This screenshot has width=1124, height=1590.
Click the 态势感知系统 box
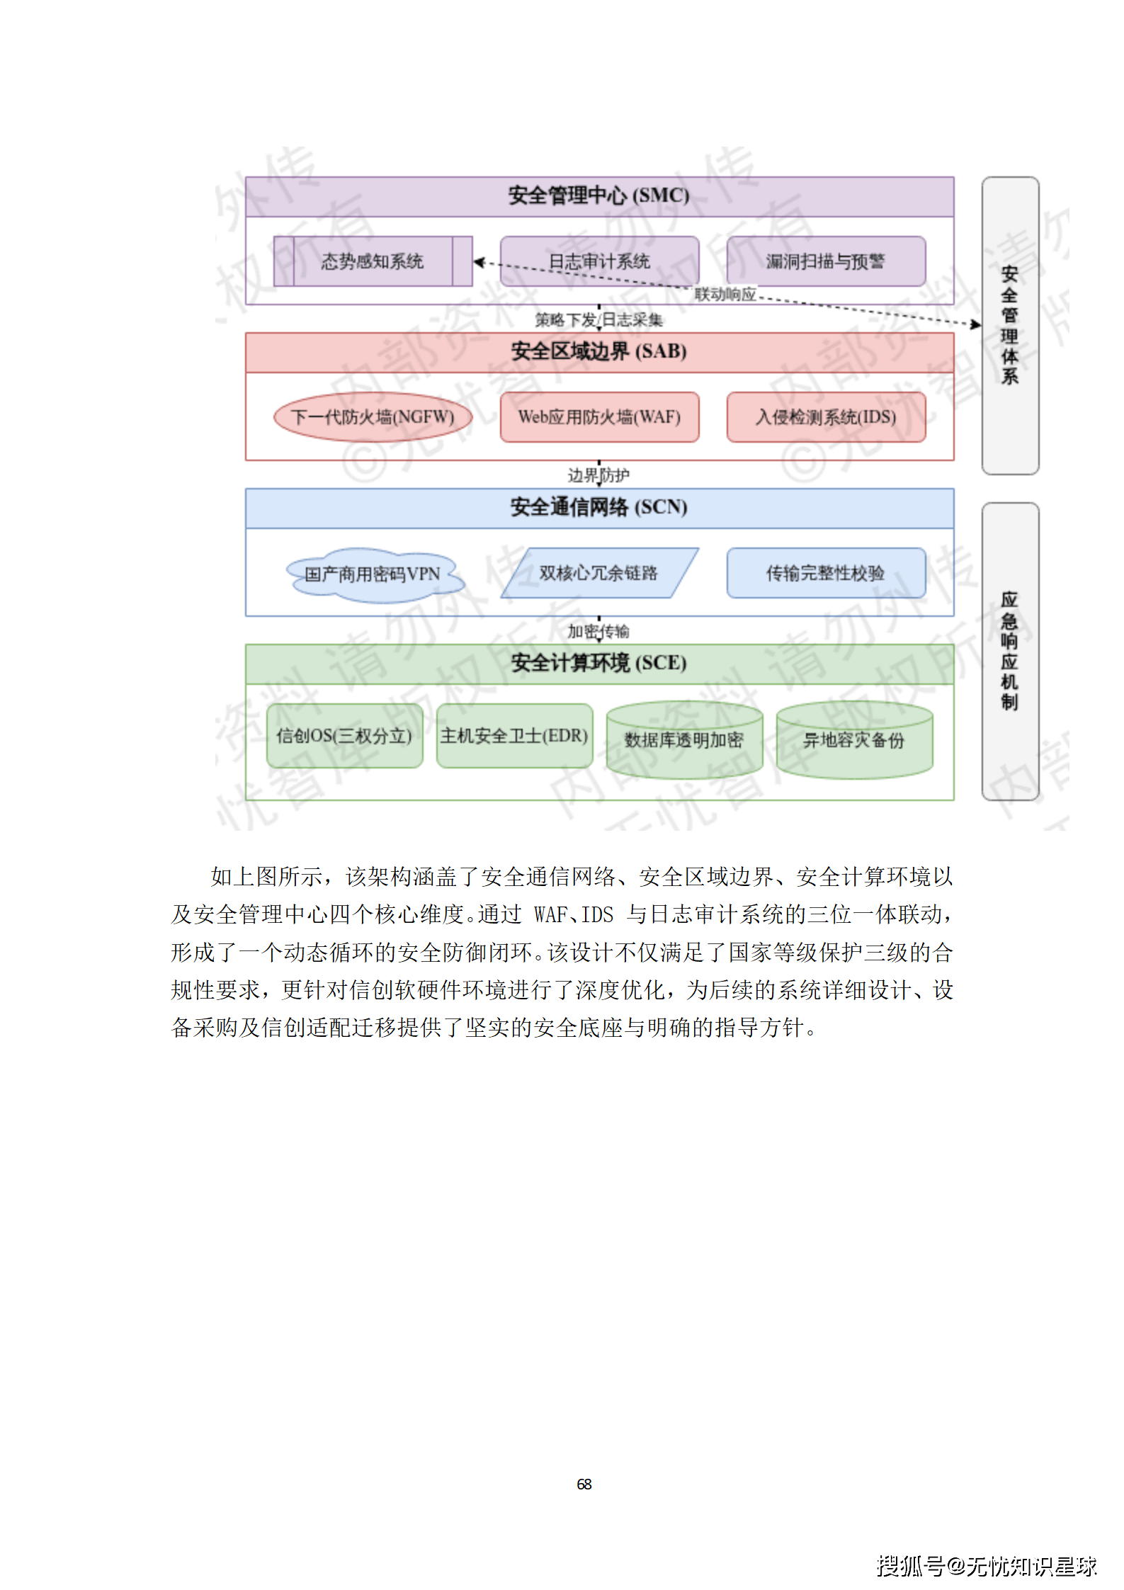click(373, 261)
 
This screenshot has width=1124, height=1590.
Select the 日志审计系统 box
click(599, 261)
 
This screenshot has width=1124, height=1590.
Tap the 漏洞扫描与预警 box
click(826, 261)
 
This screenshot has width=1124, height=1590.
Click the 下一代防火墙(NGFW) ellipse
click(373, 417)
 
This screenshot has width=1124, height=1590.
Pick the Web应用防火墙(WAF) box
click(599, 417)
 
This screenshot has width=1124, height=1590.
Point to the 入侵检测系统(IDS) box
click(826, 417)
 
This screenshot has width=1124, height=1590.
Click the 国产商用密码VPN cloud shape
click(373, 574)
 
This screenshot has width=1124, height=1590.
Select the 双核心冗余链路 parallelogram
click(599, 573)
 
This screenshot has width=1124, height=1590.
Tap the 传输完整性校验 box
click(826, 573)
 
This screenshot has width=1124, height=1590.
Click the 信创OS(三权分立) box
click(344, 736)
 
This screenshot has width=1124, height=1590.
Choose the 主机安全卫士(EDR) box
click(514, 736)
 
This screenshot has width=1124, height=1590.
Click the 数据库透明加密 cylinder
click(684, 740)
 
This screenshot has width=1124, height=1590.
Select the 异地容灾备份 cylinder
click(854, 740)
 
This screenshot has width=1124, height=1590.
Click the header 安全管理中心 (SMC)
click(599, 196)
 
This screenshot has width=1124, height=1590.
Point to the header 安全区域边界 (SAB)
click(599, 352)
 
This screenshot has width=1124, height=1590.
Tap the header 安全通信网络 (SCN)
click(599, 508)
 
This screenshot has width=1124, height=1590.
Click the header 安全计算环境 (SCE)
click(599, 664)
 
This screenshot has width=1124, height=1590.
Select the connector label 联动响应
click(725, 294)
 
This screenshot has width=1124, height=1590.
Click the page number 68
click(584, 1484)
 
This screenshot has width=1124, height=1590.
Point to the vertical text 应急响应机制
click(1009, 651)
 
